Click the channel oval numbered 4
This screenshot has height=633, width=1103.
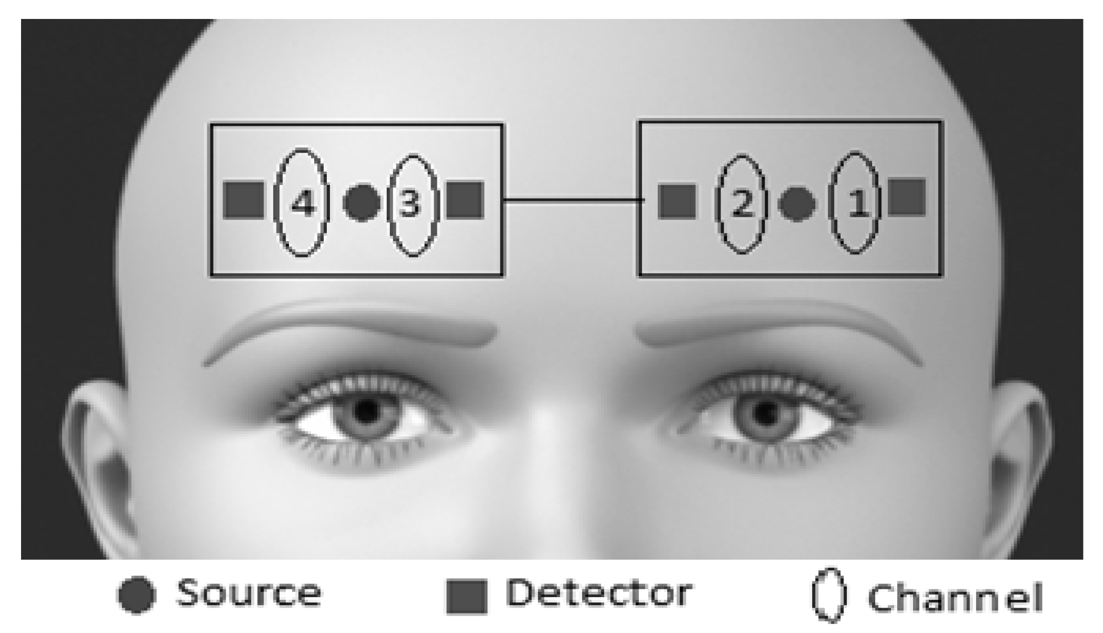coord(302,203)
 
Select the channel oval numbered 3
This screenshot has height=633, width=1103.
coord(413,204)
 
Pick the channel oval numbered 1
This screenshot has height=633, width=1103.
coord(855,203)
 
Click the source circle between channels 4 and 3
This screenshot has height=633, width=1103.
coord(362,203)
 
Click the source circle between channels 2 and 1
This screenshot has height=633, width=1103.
coord(797,204)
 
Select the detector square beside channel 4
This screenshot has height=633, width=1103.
coord(244,200)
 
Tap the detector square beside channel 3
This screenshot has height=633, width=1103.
coord(465,200)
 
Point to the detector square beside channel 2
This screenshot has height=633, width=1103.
coord(677,201)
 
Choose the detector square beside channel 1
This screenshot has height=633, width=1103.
coord(907,197)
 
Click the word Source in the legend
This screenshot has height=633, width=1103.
coord(248,594)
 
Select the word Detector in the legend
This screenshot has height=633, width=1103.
coord(599,594)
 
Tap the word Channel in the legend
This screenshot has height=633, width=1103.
coord(955,598)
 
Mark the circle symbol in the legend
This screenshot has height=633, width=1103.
coord(137,595)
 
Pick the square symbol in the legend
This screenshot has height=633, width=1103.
coord(467,597)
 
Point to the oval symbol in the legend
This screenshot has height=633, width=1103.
coord(828,595)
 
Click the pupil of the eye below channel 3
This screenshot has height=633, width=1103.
coord(367,410)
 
